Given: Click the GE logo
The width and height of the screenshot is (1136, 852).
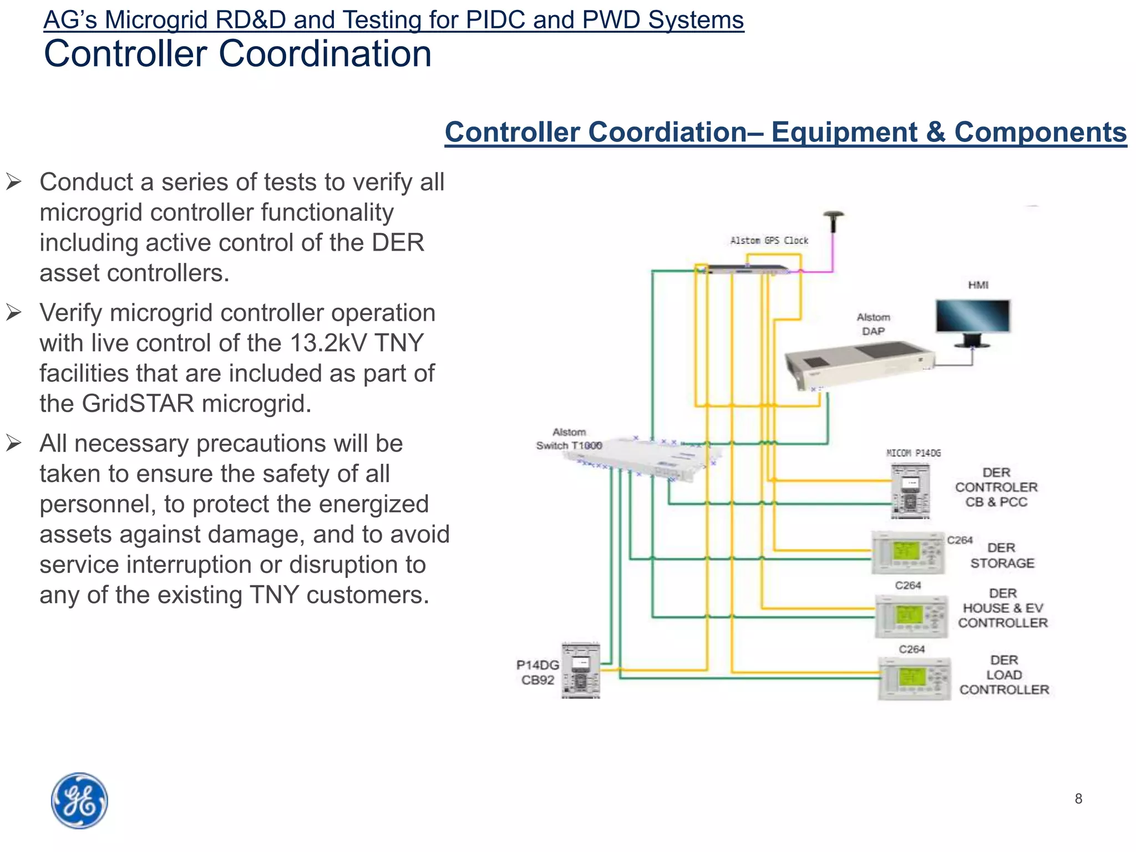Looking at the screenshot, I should click(x=79, y=800).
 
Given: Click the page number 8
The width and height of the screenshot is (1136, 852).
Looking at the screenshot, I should click(x=1078, y=799).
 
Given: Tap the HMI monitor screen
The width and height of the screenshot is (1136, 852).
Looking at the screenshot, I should click(x=973, y=316).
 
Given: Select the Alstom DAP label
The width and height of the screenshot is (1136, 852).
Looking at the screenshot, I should click(x=873, y=324).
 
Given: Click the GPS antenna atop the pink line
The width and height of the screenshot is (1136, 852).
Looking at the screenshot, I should click(x=834, y=216).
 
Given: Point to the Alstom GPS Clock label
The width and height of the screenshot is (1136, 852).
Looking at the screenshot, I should click(x=769, y=241).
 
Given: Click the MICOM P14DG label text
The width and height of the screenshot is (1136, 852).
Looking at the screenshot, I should click(x=914, y=453).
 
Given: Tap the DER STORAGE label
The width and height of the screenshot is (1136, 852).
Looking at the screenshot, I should click(x=1002, y=555).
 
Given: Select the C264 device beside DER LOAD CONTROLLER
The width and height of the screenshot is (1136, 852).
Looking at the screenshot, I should click(x=914, y=678).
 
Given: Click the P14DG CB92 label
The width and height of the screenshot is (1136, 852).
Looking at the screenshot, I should click(x=537, y=672).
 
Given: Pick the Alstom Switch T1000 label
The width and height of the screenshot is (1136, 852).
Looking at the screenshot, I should click(x=569, y=439).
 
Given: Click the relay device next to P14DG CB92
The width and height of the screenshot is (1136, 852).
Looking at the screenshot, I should click(x=580, y=670).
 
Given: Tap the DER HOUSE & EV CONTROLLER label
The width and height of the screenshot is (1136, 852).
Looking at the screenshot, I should click(x=1003, y=608).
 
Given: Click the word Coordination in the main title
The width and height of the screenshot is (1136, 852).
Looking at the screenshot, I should click(x=325, y=54).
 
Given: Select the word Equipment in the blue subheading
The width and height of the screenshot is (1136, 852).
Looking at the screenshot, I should click(x=844, y=133).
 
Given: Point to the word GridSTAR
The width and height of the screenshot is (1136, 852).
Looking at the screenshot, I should click(x=138, y=403).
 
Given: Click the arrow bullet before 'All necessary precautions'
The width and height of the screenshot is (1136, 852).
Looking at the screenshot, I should click(x=14, y=444).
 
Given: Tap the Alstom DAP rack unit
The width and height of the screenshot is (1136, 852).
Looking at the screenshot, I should click(x=859, y=363).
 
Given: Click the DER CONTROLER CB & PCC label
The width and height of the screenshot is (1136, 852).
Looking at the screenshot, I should click(x=996, y=487).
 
